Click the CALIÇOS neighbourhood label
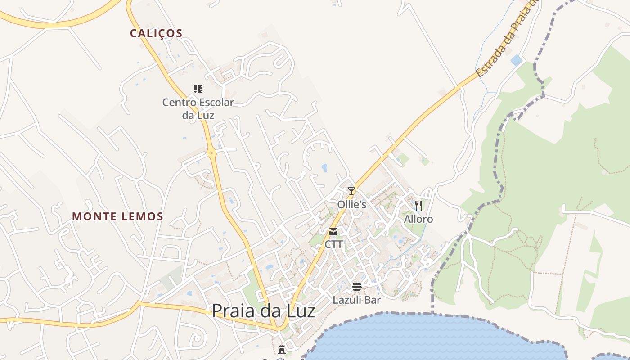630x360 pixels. click(156, 33)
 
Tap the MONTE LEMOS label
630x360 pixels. click(117, 216)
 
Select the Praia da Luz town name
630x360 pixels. click(263, 310)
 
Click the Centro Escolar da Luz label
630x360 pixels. click(198, 108)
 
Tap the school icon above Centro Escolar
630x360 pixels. click(198, 89)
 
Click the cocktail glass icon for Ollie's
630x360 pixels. click(351, 191)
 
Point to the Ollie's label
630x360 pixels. click(352, 205)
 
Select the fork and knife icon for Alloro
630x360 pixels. click(418, 206)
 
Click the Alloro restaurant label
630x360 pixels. click(418, 219)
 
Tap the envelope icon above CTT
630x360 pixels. click(333, 232)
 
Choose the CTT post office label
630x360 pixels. click(334, 244)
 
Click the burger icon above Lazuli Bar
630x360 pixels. click(357, 287)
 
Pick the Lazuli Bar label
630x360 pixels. click(357, 300)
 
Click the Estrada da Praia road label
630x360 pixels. click(506, 40)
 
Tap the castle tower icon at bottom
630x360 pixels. click(282, 349)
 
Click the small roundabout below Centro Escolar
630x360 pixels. click(211, 153)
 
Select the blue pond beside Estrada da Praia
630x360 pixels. click(516, 60)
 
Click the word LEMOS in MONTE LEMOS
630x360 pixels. click(141, 216)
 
